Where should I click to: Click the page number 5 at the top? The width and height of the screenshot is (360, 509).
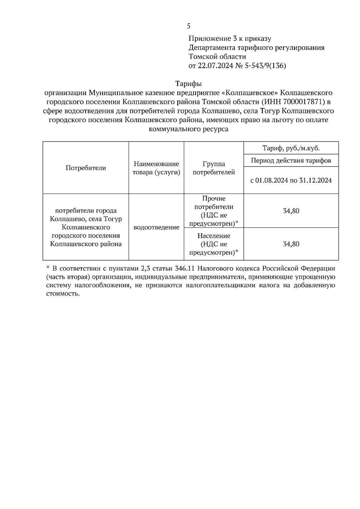tap(188, 26)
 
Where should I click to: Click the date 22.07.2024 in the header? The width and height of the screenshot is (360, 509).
tap(215, 66)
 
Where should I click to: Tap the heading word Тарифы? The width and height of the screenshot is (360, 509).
tap(188, 83)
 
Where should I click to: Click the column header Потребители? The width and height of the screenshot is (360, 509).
tap(86, 168)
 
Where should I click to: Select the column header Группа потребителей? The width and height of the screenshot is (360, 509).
tap(214, 168)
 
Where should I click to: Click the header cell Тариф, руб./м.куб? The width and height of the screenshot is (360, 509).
tap(291, 148)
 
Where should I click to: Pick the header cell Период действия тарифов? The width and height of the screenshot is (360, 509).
tap(291, 160)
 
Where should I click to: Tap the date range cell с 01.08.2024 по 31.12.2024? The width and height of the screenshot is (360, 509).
tap(291, 180)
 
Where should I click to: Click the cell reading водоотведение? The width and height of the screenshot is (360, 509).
tap(156, 227)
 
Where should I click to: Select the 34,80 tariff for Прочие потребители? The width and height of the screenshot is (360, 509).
tap(291, 211)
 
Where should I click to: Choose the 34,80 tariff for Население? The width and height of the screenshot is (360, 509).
tap(291, 244)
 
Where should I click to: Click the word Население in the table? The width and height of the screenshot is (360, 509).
tap(214, 236)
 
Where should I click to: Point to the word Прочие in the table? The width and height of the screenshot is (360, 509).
tap(214, 198)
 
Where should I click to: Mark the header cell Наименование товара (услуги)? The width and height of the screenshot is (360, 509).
tap(156, 168)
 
